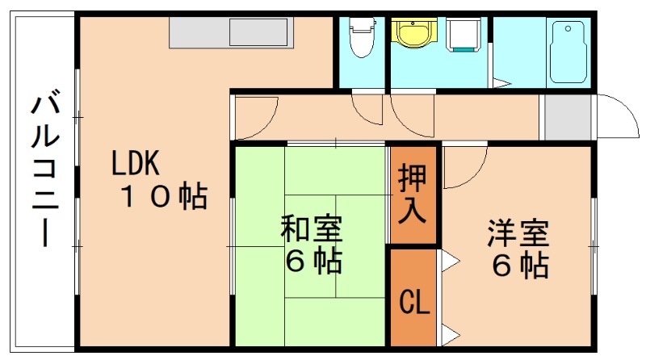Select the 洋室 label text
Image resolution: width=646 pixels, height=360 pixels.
coord(518,234)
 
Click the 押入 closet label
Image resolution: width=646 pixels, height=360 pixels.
coord(413,195)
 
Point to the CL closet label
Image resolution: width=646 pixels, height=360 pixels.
coord(413,304)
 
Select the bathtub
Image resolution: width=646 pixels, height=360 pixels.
coord(568,50)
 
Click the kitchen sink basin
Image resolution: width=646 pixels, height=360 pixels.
coord(257,33)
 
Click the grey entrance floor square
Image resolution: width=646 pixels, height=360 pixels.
coord(565,118)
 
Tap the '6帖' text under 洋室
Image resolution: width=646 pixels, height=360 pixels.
coord(518,266)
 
